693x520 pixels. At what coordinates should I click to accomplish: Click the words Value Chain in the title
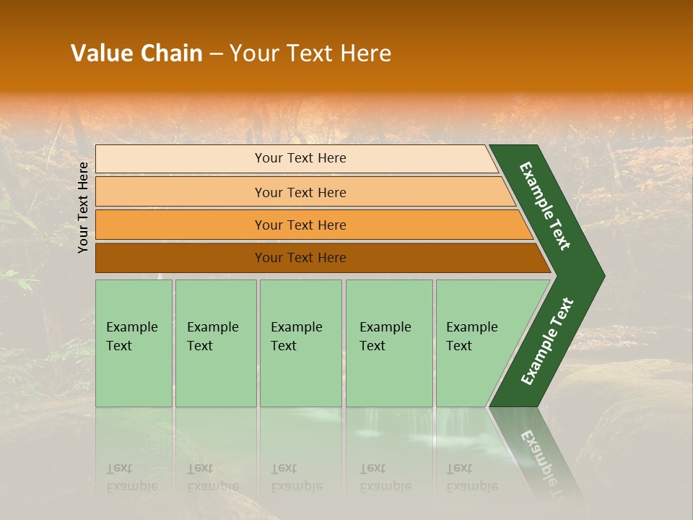[x=136, y=53]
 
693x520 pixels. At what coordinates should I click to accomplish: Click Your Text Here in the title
[x=310, y=53]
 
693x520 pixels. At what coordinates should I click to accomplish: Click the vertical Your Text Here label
[x=83, y=207]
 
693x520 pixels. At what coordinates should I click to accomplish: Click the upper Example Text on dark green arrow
[x=545, y=206]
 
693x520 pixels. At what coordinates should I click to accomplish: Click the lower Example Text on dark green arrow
[x=546, y=342]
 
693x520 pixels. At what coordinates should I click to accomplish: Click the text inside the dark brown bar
[x=300, y=258]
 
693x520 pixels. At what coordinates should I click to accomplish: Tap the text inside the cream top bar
[x=300, y=158]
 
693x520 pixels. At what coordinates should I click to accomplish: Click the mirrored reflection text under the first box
[x=131, y=477]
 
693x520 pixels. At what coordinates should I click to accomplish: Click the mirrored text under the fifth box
[x=471, y=477]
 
